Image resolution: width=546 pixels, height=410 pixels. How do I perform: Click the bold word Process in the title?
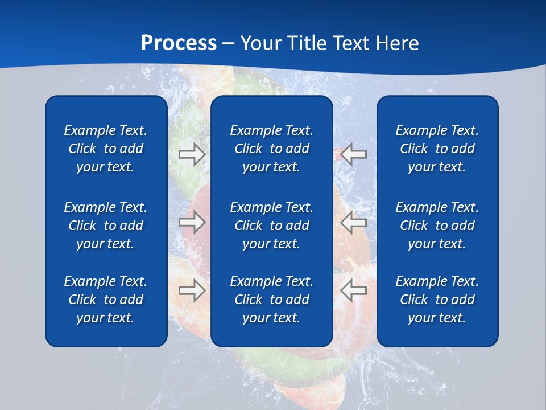(x=179, y=43)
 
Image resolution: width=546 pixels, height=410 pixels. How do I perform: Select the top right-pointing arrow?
(x=192, y=154)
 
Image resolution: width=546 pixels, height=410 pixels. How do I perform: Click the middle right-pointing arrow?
(x=192, y=222)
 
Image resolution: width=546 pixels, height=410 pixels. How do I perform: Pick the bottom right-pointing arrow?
(x=192, y=290)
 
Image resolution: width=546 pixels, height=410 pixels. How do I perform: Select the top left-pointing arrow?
(x=353, y=154)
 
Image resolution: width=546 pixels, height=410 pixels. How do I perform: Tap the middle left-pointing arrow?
(x=353, y=222)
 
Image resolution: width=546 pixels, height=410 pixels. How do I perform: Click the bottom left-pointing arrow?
(x=353, y=290)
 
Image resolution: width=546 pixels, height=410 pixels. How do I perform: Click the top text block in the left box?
(x=106, y=149)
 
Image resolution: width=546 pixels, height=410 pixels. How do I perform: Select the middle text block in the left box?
(x=106, y=225)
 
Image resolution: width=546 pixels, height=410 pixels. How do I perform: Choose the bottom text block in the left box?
(x=106, y=300)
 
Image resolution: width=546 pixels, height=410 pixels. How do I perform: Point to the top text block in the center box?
(x=271, y=149)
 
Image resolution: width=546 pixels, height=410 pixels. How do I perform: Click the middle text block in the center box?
(x=271, y=225)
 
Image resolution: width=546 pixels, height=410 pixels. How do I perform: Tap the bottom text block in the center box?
(x=271, y=300)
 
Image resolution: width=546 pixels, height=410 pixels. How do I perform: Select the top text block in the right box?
(x=437, y=149)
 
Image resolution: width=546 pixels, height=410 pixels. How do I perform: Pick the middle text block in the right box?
(x=437, y=225)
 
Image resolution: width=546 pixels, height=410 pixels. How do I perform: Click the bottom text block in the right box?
(x=437, y=300)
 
